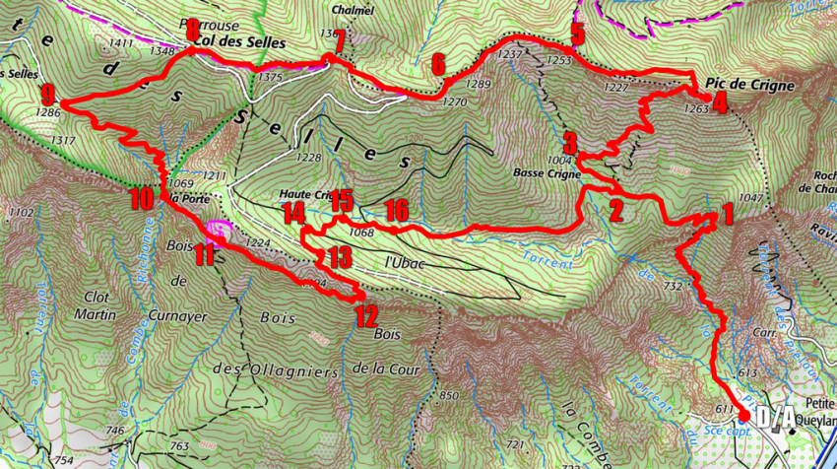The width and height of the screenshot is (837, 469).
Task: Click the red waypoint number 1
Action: [727, 214]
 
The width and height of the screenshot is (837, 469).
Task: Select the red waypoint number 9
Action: [47, 96]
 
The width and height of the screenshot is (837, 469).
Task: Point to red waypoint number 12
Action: [366, 316]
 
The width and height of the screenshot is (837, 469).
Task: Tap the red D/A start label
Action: [777, 419]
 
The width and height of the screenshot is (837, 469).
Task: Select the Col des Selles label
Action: [240, 43]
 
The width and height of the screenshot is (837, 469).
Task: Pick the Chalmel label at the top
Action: [354, 11]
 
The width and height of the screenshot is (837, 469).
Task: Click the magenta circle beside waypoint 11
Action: [220, 234]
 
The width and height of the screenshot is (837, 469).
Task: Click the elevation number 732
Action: [673, 286]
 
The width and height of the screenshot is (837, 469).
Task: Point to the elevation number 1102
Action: [21, 213]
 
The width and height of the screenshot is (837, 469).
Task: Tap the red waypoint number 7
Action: [339, 42]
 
